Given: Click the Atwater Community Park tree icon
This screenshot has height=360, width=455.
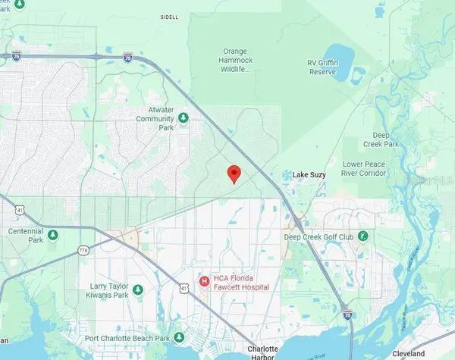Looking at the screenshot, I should click(x=183, y=118).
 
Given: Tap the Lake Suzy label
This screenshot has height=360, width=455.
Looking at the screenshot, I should click(x=309, y=175).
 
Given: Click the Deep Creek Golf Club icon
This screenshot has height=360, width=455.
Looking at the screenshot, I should click(x=363, y=236).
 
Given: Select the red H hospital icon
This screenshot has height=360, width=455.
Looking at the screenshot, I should click(x=204, y=281).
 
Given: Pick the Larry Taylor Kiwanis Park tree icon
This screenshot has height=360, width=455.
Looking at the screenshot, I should click(x=137, y=290).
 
